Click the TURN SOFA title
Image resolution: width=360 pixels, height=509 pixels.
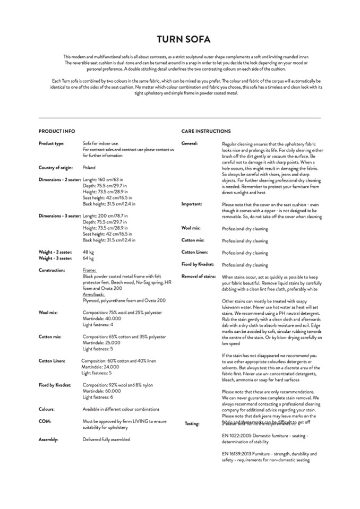[179, 39]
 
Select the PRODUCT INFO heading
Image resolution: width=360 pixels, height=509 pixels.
[57, 131]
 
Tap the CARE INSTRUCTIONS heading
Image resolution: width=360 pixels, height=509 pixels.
[206, 131]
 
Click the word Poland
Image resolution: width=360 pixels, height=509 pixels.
[90, 168]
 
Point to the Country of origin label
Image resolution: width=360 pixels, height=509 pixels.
[56, 168]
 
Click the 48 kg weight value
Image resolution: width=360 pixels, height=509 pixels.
[88, 252]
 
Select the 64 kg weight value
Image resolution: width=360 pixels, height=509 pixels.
[88, 258]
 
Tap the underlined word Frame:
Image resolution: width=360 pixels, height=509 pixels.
[90, 270]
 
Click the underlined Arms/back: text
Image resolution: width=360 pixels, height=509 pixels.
[94, 294]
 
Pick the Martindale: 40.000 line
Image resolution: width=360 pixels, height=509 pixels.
[101, 318]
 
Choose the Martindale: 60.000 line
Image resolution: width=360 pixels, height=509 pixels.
[101, 391]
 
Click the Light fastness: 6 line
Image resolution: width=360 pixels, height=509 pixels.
[98, 397]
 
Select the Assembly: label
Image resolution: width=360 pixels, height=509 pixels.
[48, 439]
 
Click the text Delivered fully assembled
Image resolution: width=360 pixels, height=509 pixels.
[106, 439]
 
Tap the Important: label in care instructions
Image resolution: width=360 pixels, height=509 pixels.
[192, 204]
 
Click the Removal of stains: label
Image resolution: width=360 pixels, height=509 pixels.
[199, 277]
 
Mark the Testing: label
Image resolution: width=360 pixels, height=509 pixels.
[192, 424]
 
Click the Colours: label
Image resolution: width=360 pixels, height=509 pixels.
[47, 409]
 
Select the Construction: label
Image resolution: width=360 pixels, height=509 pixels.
[52, 270]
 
